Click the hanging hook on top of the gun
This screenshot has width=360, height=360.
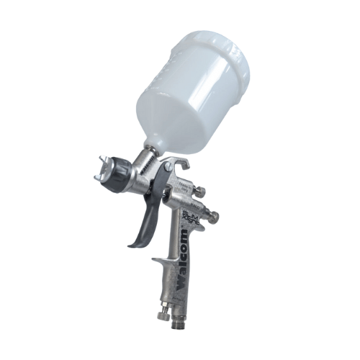point(180,164)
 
